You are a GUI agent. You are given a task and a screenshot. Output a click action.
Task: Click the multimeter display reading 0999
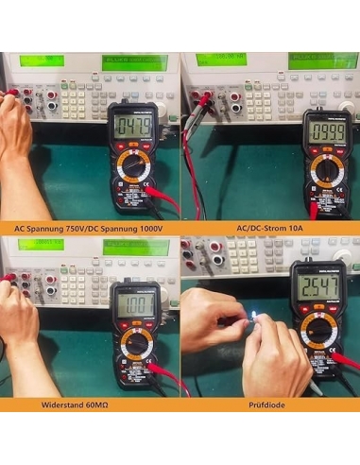pos(327,129)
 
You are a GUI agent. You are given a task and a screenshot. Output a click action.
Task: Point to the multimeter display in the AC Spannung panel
pos(131,126)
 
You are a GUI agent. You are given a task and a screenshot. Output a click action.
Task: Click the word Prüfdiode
pos(268,404)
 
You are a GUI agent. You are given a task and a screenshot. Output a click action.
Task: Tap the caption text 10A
pos(300,228)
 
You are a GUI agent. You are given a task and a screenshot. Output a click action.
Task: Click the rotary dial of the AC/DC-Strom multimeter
pos(326,171)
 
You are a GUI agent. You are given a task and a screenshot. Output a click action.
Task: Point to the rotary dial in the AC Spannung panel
pos(131,170)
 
